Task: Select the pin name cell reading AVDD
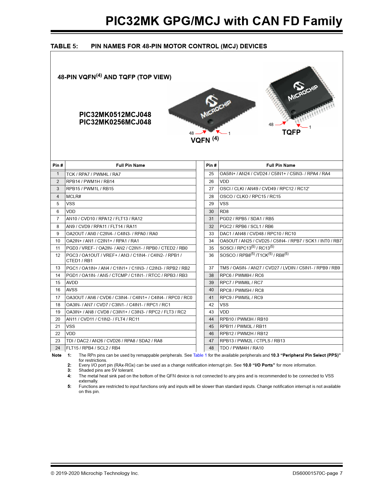point(72,283)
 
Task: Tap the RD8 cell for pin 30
point(224,211)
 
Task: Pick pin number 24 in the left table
point(58,348)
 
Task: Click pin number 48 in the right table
point(211,348)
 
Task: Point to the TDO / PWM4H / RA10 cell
point(242,348)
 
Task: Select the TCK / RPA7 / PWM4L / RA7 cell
point(93,174)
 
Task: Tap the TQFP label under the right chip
point(291,132)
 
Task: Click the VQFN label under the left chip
point(200,140)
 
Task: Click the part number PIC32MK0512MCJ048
point(115,115)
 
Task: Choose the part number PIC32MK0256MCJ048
point(115,122)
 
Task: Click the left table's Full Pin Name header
point(130,165)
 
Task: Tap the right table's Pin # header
point(211,165)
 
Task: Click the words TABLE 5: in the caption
point(64,46)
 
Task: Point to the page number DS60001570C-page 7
point(317,473)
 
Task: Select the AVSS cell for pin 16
point(72,290)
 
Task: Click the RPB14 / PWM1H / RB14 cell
point(90,181)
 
